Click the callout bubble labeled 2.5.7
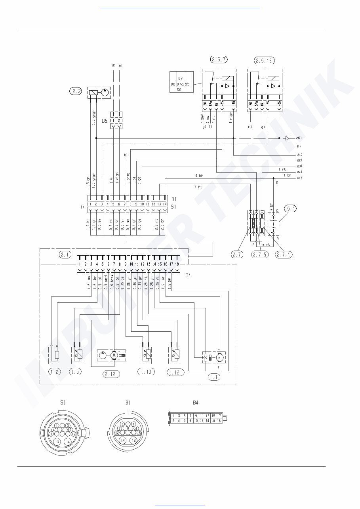click(219, 60)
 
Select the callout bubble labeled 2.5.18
click(264, 61)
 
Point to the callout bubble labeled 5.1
click(291, 209)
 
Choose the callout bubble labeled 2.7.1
click(284, 255)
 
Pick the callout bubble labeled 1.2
click(54, 371)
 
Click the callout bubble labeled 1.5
click(75, 371)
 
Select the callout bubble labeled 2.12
click(112, 374)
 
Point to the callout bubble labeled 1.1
click(214, 377)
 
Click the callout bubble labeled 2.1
click(65, 255)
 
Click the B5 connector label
click(105, 121)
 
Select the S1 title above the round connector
click(63, 403)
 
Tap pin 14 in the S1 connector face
click(68, 442)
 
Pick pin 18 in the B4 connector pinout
click(219, 420)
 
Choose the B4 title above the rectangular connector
click(195, 403)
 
